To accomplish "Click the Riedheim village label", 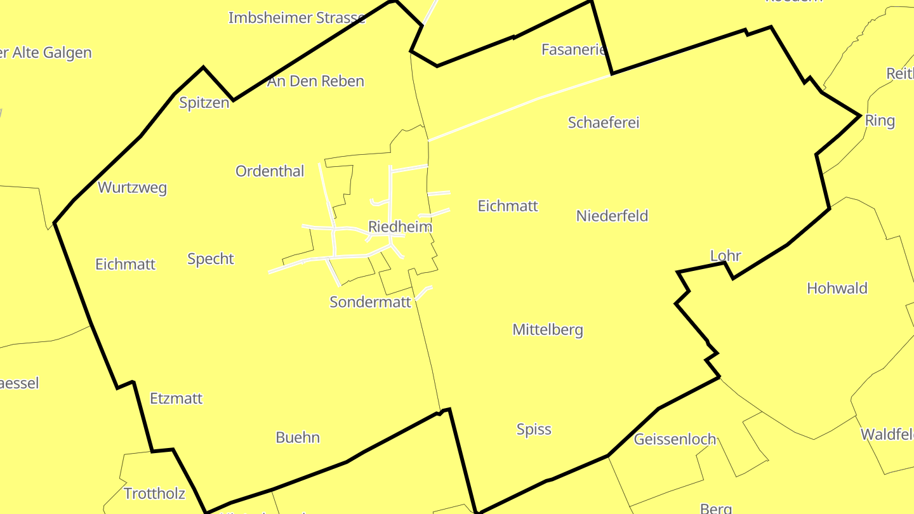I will [400, 227].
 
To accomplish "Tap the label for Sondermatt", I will [370, 302].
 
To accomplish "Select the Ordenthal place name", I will [270, 171].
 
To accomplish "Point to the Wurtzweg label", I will [132, 187].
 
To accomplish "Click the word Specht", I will [211, 258].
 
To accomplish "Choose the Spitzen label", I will [204, 103].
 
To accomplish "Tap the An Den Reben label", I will [315, 81].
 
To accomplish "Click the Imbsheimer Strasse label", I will [296, 18].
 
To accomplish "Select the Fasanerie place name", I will [574, 49].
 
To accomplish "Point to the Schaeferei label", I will [603, 122].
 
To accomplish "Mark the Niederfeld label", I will [612, 216].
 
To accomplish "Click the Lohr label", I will [725, 256].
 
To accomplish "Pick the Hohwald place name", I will [837, 288].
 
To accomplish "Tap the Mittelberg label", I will [547, 329].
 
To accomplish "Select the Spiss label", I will [534, 429].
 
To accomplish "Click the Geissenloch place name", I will [675, 439].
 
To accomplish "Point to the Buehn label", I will [297, 437].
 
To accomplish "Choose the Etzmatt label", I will [176, 399].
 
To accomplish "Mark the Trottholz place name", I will [154, 493].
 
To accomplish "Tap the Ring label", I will [880, 121].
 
